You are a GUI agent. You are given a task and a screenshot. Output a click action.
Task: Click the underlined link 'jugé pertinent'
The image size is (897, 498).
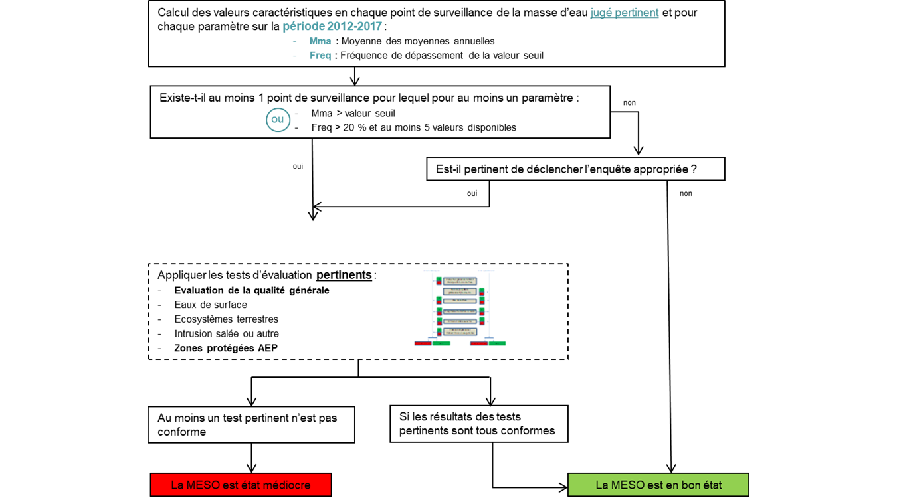point(624,13)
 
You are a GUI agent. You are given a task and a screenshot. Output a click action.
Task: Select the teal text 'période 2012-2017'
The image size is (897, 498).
point(333,27)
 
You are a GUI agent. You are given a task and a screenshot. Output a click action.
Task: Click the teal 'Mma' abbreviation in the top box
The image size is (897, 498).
point(320,41)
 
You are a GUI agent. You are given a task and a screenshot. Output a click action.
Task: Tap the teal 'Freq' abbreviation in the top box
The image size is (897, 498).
point(320,56)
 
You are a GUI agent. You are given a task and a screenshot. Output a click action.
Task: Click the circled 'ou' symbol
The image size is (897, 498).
point(278,120)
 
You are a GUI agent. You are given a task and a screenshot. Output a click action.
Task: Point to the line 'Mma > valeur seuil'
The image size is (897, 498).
point(353,114)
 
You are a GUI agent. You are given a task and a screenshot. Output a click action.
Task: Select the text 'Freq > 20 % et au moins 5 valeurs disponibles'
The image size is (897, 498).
point(413,127)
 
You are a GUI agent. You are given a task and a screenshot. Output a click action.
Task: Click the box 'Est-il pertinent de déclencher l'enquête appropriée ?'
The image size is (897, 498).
point(575,169)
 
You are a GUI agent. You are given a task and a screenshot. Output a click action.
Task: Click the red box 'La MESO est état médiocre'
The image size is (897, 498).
point(241,485)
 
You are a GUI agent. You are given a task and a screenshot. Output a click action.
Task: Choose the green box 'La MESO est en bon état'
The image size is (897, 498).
point(658,485)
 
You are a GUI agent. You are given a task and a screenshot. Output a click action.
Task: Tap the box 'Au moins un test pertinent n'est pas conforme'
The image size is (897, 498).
point(251,425)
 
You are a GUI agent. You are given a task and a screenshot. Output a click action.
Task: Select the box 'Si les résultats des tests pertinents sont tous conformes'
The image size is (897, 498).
point(478,424)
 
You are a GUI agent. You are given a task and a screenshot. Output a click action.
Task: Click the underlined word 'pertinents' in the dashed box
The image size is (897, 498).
point(344,275)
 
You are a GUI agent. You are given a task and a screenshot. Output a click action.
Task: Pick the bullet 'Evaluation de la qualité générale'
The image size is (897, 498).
point(252,290)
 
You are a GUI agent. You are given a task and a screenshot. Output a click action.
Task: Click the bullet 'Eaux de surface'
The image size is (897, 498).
point(211,305)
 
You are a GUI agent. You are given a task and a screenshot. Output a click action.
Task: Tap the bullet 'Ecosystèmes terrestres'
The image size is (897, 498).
point(226,319)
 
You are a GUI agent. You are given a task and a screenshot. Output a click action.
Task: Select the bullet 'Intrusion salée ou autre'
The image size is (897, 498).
point(227,334)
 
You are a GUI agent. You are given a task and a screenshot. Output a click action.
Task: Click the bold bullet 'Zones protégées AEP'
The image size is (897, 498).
point(226,349)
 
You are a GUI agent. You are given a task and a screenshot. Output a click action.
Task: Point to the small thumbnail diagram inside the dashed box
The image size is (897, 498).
point(460,309)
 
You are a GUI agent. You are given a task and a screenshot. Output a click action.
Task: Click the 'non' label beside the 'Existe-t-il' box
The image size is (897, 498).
point(629,103)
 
